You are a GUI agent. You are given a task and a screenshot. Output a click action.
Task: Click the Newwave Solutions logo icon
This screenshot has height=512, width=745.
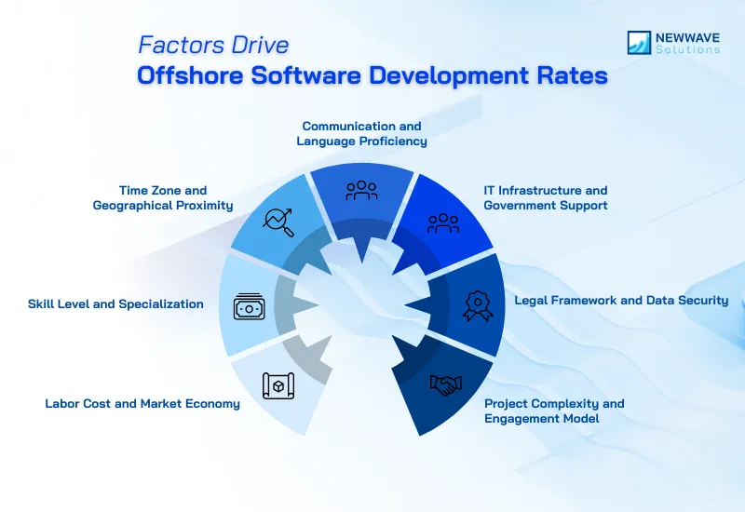(640, 42)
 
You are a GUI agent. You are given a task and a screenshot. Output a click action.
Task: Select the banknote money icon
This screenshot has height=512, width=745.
(249, 305)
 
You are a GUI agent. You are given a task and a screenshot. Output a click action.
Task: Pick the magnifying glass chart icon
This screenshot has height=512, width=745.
(278, 222)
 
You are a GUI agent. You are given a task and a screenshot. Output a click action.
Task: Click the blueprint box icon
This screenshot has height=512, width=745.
(278, 385)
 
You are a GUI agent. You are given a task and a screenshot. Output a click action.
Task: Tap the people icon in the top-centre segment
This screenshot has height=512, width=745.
(361, 190)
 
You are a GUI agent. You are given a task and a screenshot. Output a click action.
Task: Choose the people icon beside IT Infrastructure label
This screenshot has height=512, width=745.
(443, 222)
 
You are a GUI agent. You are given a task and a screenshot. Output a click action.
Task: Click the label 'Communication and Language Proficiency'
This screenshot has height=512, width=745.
(361, 133)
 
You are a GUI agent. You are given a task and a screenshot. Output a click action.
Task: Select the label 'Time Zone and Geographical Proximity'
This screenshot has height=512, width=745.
(163, 197)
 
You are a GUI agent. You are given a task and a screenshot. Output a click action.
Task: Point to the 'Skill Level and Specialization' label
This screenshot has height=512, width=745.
(115, 303)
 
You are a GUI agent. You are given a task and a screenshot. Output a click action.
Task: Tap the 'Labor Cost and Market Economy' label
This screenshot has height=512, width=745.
(142, 404)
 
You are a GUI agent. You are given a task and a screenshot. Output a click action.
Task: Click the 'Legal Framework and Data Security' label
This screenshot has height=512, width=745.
(621, 301)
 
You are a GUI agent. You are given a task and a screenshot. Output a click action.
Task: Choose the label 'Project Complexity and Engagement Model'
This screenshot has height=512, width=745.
(554, 411)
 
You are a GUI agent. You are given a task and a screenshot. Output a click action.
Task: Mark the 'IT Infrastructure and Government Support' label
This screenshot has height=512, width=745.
(546, 197)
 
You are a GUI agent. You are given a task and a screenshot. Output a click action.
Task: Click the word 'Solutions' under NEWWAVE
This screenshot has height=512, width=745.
(687, 49)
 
